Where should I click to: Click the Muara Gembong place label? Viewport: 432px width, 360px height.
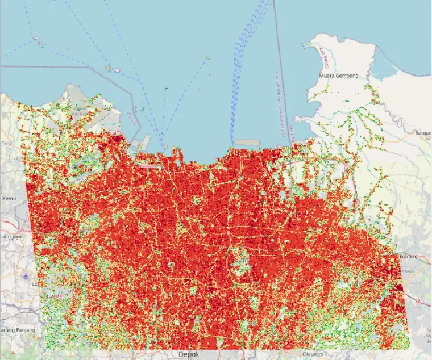[x=338, y=76]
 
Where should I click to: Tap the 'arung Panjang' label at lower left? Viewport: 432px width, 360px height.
[x=18, y=330]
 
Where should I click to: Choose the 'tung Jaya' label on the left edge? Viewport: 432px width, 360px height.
[x=11, y=236]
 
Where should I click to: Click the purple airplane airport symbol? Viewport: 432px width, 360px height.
[x=28, y=275]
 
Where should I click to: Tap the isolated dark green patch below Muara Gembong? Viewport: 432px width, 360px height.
[x=346, y=101]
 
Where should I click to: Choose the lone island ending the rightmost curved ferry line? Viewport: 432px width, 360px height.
[x=208, y=57]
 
